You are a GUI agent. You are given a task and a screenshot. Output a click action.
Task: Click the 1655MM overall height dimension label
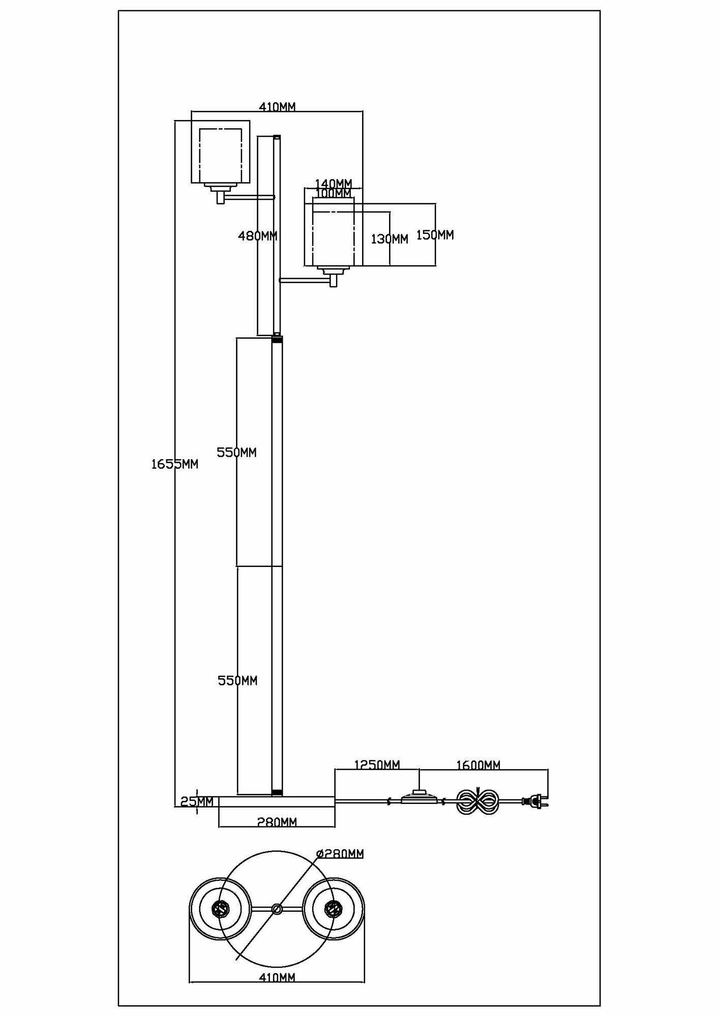coord(174,464)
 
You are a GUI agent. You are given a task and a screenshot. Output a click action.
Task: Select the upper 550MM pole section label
coord(236,452)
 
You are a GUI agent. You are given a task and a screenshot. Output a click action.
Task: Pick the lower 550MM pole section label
coord(237,680)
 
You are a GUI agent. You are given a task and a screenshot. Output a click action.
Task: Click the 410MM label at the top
coord(277,107)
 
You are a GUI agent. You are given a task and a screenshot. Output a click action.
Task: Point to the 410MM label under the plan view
coord(277,977)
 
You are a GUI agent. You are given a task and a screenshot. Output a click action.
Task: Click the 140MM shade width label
coord(334,183)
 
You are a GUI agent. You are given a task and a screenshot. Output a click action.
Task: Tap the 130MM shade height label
coord(390,238)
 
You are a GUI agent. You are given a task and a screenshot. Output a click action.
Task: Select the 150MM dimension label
coord(435,235)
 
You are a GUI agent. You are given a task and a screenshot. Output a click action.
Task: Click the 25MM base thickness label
coord(197,802)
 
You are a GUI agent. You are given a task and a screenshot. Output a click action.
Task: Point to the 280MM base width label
coord(277,822)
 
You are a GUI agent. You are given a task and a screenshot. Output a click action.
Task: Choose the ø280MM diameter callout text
coord(340,853)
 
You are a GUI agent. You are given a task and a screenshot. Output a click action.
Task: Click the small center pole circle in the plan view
coord(277,909)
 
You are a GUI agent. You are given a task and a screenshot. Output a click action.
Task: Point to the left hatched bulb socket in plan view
coord(221,908)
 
